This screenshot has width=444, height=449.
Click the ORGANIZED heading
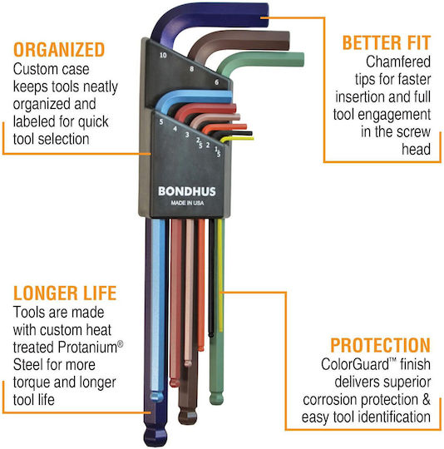coord(59,50)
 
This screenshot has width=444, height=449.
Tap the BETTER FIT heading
coord(387,43)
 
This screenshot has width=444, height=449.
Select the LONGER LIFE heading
coord(65,293)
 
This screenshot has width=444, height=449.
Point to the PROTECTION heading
coord(381,345)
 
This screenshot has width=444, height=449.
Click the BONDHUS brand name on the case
coord(187,191)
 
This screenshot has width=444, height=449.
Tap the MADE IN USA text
coord(187,203)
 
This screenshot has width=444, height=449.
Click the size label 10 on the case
coord(163,55)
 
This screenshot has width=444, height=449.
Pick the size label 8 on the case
coord(191,69)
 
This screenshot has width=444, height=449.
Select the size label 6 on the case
coord(217,82)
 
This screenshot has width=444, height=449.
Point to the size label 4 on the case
coord(175,129)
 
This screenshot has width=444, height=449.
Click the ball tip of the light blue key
coord(157,397)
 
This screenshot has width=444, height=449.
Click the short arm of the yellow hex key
coord(237,139)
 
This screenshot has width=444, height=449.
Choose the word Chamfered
coord(398,62)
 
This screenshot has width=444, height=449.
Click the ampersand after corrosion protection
coord(427,399)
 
